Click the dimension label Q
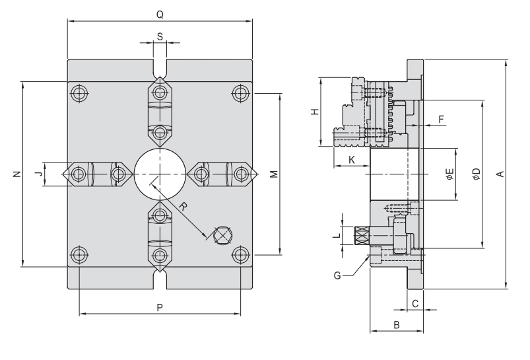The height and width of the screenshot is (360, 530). [x=160, y=13]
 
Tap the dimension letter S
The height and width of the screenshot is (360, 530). [x=160, y=37]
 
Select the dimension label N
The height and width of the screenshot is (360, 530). [x=15, y=174]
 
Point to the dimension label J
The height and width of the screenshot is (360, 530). [x=38, y=174]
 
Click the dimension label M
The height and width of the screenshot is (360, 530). [x=273, y=174]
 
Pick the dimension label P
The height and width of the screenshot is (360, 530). [x=160, y=307]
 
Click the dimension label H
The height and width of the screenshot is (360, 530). [x=315, y=112]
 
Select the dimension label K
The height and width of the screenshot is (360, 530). [x=351, y=160]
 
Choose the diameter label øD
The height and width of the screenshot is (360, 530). [x=475, y=174]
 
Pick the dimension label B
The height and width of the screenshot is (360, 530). [x=397, y=324]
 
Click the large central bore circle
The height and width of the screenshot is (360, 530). [x=160, y=174]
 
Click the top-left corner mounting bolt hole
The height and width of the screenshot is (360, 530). [x=80, y=92]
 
